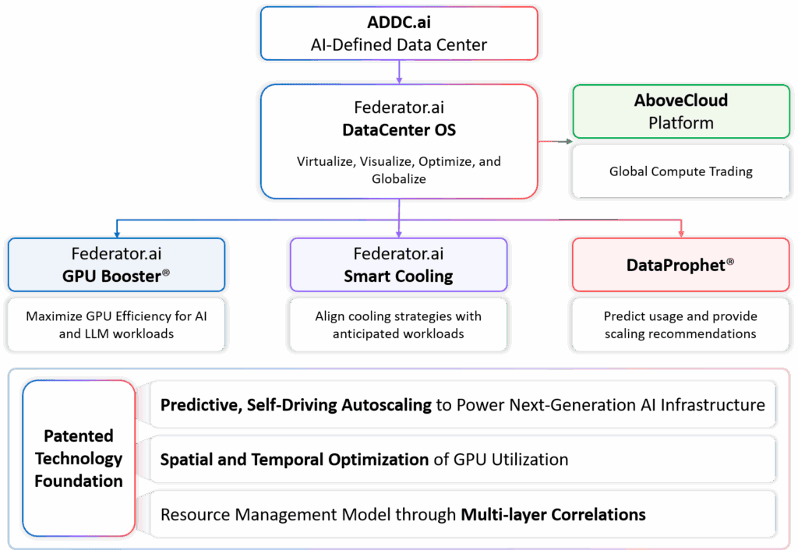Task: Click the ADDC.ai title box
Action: click(x=398, y=33)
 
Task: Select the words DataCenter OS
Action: click(x=399, y=129)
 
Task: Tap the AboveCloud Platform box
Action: click(x=681, y=111)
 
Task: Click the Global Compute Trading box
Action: click(x=681, y=171)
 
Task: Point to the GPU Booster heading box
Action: click(x=116, y=265)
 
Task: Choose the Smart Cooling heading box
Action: click(x=398, y=265)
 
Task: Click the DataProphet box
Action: click(x=680, y=265)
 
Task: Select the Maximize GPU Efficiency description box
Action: click(x=116, y=325)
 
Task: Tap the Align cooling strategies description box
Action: click(x=398, y=325)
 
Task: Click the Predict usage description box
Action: click(x=680, y=325)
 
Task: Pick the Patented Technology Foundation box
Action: click(x=78, y=458)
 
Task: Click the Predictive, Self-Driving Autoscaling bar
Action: click(x=462, y=404)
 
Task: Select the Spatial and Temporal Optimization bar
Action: click(x=462, y=459)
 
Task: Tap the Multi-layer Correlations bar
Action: click(x=462, y=514)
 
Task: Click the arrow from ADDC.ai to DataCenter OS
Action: click(x=399, y=72)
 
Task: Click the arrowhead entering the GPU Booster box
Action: click(x=116, y=232)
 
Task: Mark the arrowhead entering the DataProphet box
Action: click(x=681, y=232)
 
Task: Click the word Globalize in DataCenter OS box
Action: click(x=399, y=178)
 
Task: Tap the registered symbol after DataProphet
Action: click(x=729, y=262)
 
